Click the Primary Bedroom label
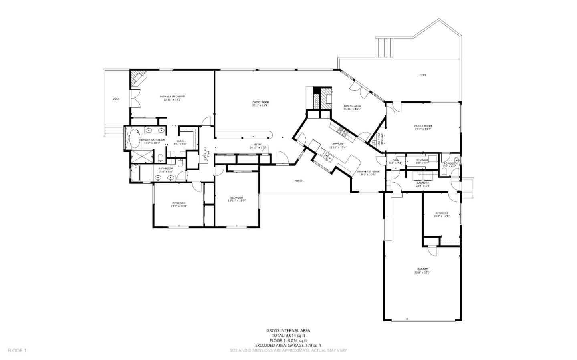pyautogui.click(x=172, y=97)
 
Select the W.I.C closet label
pyautogui.click(x=180, y=141)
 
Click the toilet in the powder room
pyautogui.click(x=444, y=172)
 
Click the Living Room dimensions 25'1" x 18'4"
pyautogui.click(x=260, y=106)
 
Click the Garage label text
pyautogui.click(x=422, y=269)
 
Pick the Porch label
pyautogui.click(x=299, y=181)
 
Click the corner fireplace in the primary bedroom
pyautogui.click(x=138, y=78)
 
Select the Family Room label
pyautogui.click(x=423, y=126)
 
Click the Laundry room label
pyautogui.click(x=422, y=183)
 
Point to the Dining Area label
pyautogui.click(x=352, y=106)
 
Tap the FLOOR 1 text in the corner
pyautogui.click(x=17, y=350)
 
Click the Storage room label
pyautogui.click(x=422, y=160)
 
